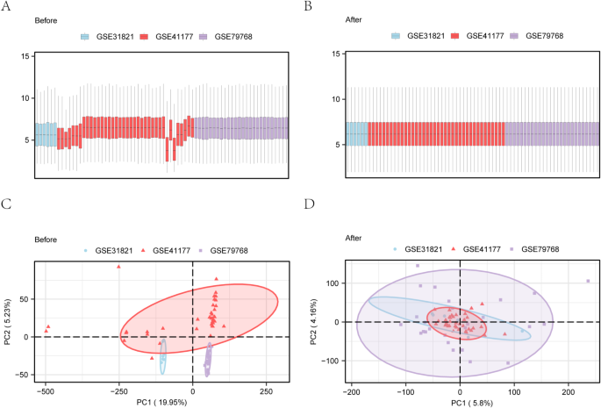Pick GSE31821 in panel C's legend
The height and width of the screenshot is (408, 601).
[111, 250]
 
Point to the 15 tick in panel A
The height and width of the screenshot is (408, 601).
[26, 56]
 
